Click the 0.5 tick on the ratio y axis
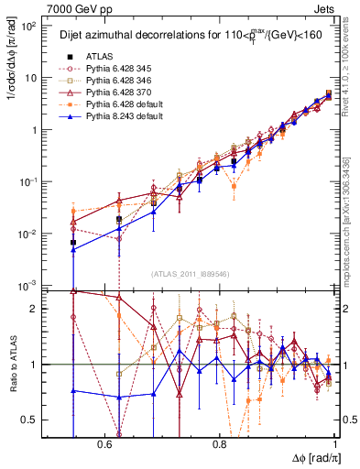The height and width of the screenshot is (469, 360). (36, 420)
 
